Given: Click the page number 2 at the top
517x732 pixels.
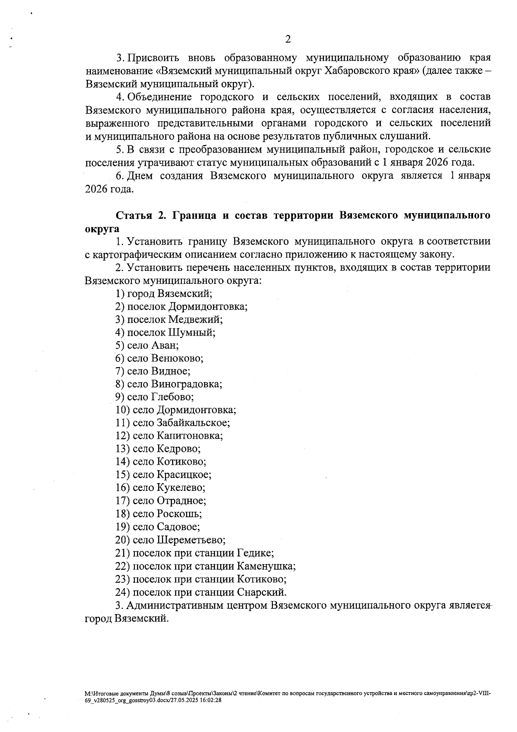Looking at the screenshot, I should pos(288,40).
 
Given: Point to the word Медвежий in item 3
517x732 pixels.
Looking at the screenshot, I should pos(195,320).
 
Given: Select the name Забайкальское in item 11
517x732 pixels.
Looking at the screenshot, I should pos(193,423).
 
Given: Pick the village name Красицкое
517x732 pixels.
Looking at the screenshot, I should pos(184,475).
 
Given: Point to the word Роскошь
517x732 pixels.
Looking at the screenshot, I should pos(179,514).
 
